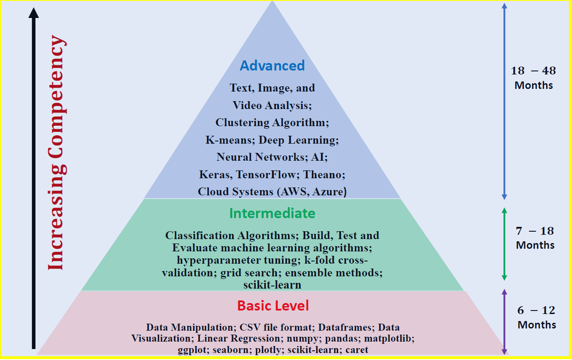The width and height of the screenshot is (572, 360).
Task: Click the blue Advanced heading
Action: [x=272, y=66]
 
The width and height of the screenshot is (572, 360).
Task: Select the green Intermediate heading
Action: [x=272, y=213]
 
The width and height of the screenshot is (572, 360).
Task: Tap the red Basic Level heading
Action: [x=273, y=306]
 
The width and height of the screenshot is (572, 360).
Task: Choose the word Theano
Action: [x=324, y=175]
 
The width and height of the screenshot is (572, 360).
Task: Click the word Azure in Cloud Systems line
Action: [x=329, y=192]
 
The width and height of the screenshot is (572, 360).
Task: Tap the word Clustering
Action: [x=242, y=123]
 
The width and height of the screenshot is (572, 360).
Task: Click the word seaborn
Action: [x=230, y=350]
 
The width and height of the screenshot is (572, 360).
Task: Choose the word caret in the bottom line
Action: [x=357, y=350]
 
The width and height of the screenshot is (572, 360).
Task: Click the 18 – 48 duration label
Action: [x=533, y=78]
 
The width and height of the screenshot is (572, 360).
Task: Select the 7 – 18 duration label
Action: [x=535, y=238]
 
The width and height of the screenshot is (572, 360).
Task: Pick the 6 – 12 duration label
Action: [x=537, y=318]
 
